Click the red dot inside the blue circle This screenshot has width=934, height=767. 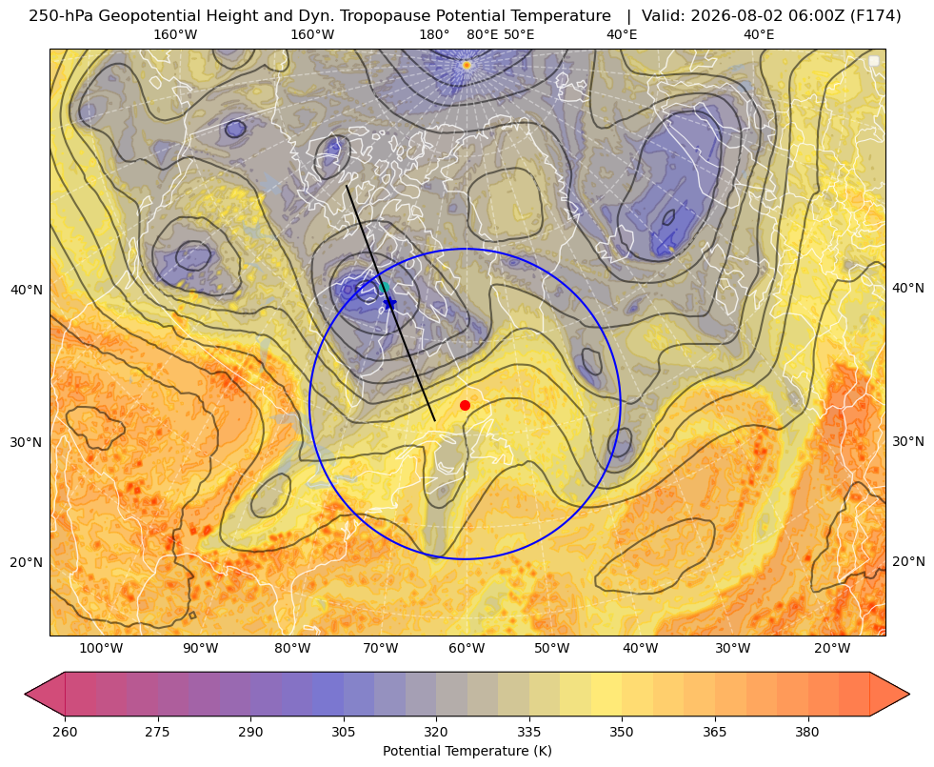(465, 405)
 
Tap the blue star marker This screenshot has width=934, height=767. (389, 303)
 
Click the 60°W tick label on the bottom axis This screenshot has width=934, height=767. (467, 649)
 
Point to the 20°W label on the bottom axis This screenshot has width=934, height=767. (832, 649)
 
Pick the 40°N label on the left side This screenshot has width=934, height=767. (27, 291)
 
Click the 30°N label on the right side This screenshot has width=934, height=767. (908, 441)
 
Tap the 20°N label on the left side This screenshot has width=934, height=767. (27, 562)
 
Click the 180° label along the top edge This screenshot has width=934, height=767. (434, 34)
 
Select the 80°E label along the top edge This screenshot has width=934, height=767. (483, 34)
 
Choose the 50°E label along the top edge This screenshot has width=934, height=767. (519, 34)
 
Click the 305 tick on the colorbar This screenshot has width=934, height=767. (343, 732)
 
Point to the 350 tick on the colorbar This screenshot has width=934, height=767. (622, 732)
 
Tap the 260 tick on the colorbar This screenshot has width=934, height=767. (65, 732)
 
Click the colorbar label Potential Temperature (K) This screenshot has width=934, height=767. (467, 751)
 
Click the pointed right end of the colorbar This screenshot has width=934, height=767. (909, 694)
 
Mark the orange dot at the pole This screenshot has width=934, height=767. (467, 65)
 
